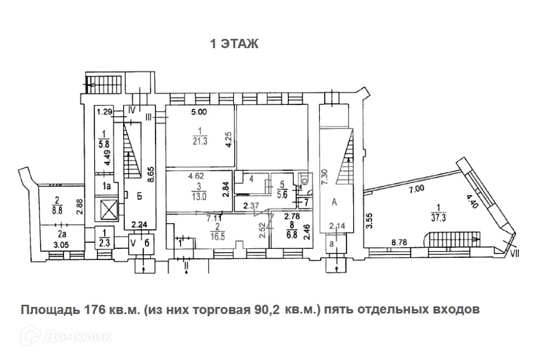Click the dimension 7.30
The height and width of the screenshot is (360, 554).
click(x=325, y=178)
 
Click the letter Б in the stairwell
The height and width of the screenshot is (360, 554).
click(x=140, y=197)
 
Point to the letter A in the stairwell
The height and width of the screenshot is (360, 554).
click(x=334, y=201)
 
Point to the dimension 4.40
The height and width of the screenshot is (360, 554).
click(x=471, y=204)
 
